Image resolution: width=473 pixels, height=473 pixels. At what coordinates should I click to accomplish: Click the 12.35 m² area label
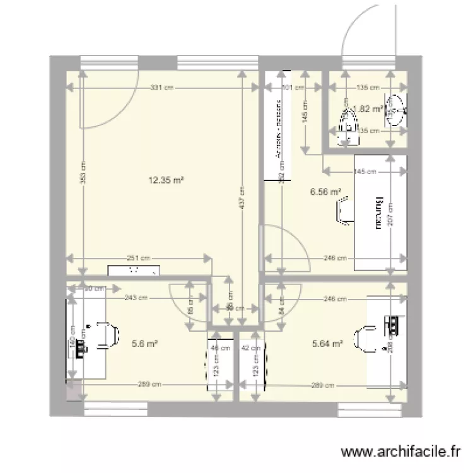coord(166,180)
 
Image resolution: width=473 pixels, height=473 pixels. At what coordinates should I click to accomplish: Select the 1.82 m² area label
coord(368,108)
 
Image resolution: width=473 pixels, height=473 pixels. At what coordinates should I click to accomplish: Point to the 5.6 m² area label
coord(144,344)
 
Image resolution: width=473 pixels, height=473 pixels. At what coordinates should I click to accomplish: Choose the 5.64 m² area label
coord(327,344)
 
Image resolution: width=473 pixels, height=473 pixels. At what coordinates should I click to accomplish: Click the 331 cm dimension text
coord(162,88)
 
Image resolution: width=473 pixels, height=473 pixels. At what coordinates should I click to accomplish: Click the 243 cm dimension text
coord(136,298)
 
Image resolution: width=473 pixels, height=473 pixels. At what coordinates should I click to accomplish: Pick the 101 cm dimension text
coord(286,88)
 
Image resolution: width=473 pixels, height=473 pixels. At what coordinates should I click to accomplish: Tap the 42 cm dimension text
coord(255,347)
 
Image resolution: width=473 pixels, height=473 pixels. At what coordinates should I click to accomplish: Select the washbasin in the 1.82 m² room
coord(396,110)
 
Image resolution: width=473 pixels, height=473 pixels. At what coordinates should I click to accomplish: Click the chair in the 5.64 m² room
coord(365,338)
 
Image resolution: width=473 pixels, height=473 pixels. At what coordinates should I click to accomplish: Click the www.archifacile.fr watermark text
coord(400,452)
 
